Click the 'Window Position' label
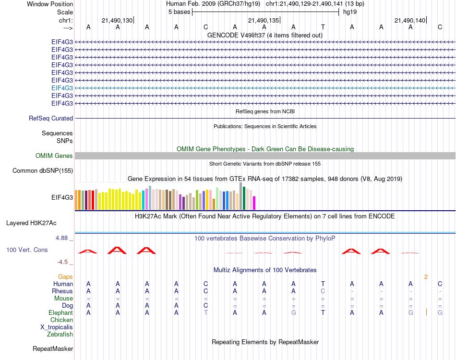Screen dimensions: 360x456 tap(50, 4)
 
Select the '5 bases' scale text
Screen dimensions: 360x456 tap(179, 12)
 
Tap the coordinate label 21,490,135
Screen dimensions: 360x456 tap(263, 20)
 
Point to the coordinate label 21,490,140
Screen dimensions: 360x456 tap(409, 20)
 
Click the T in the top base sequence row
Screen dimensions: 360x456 tap(323, 27)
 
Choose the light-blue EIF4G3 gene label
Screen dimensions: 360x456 tap(62, 88)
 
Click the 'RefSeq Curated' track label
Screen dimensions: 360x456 tap(51, 118)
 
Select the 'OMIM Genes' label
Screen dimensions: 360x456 tap(54, 156)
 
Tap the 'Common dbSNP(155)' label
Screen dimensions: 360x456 tap(43, 170)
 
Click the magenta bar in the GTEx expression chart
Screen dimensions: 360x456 tap(254, 203)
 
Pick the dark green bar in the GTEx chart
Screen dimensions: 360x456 tap(244, 198)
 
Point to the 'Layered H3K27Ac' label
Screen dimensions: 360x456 tap(31, 223)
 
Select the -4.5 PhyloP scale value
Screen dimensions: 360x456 tap(63, 262)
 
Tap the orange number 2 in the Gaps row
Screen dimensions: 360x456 tap(426, 277)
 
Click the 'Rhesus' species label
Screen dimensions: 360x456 tap(62, 291)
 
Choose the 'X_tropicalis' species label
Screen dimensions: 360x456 tap(57, 327)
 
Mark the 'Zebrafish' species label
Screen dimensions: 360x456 tap(60, 334)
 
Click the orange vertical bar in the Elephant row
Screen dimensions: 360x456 tap(426, 312)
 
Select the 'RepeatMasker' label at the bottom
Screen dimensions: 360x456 tap(53, 348)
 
